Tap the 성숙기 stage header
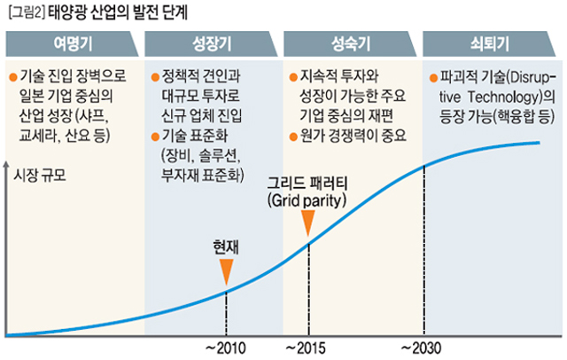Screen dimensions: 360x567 pos(352,43)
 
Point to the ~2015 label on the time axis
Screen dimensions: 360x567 pos(308,347)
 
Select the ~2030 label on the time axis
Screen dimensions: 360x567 pos(423,347)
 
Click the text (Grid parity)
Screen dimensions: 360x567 pos(308,201)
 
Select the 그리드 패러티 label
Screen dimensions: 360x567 pos(308,184)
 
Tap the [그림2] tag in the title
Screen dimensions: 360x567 pos(24,13)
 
